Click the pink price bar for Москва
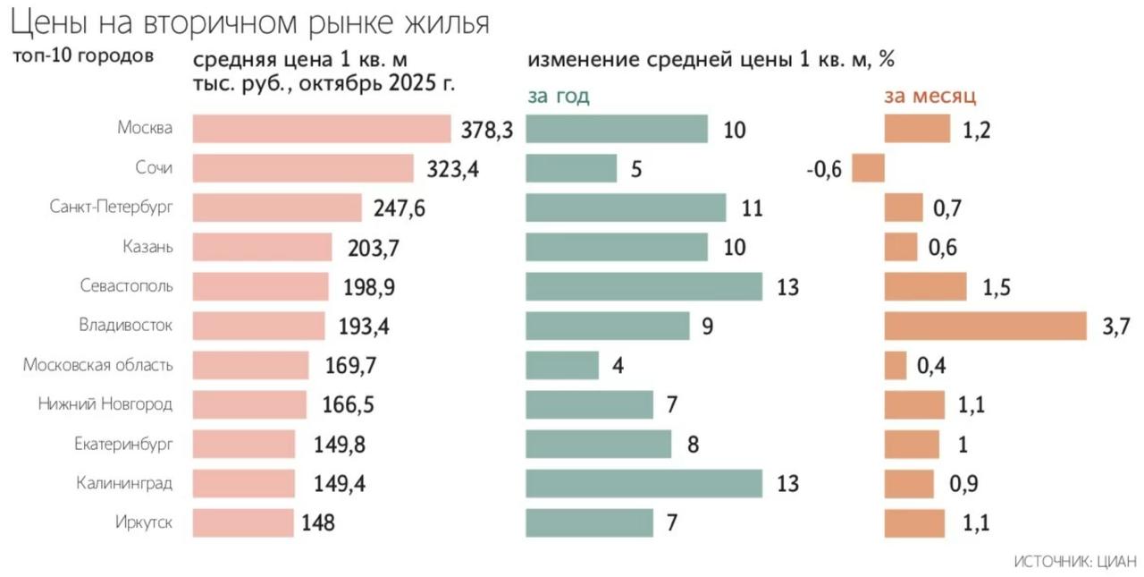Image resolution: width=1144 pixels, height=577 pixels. coord(322,129)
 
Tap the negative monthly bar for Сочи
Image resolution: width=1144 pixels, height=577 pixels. coord(868,168)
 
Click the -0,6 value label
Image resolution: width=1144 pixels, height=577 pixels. coord(823,169)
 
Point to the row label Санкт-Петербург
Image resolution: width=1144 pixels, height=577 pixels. coord(111,208)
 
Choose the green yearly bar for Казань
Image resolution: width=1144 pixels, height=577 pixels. coord(617,247)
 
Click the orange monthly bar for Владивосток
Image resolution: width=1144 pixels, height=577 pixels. coord(985,326)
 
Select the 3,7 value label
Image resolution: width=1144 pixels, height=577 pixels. coord(1116,327)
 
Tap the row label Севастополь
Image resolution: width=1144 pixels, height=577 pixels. coord(126,286)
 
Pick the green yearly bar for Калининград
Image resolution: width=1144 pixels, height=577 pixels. coord(643,483)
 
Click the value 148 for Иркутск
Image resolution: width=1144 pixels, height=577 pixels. coord(317,522)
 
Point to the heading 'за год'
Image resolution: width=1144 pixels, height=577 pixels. coord(559,96)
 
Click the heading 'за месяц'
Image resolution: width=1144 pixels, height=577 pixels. coord(929,96)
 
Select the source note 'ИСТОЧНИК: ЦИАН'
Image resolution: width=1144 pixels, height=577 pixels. coord(1074,562)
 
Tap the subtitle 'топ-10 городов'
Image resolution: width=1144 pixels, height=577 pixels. coord(82,55)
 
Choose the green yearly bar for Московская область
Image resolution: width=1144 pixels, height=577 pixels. coord(562,365)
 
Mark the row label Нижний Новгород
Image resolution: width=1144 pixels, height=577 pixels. coord(105,404)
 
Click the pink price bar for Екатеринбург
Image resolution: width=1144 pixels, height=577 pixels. coord(244,444)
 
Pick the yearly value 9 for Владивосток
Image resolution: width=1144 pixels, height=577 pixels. coord(707,327)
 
